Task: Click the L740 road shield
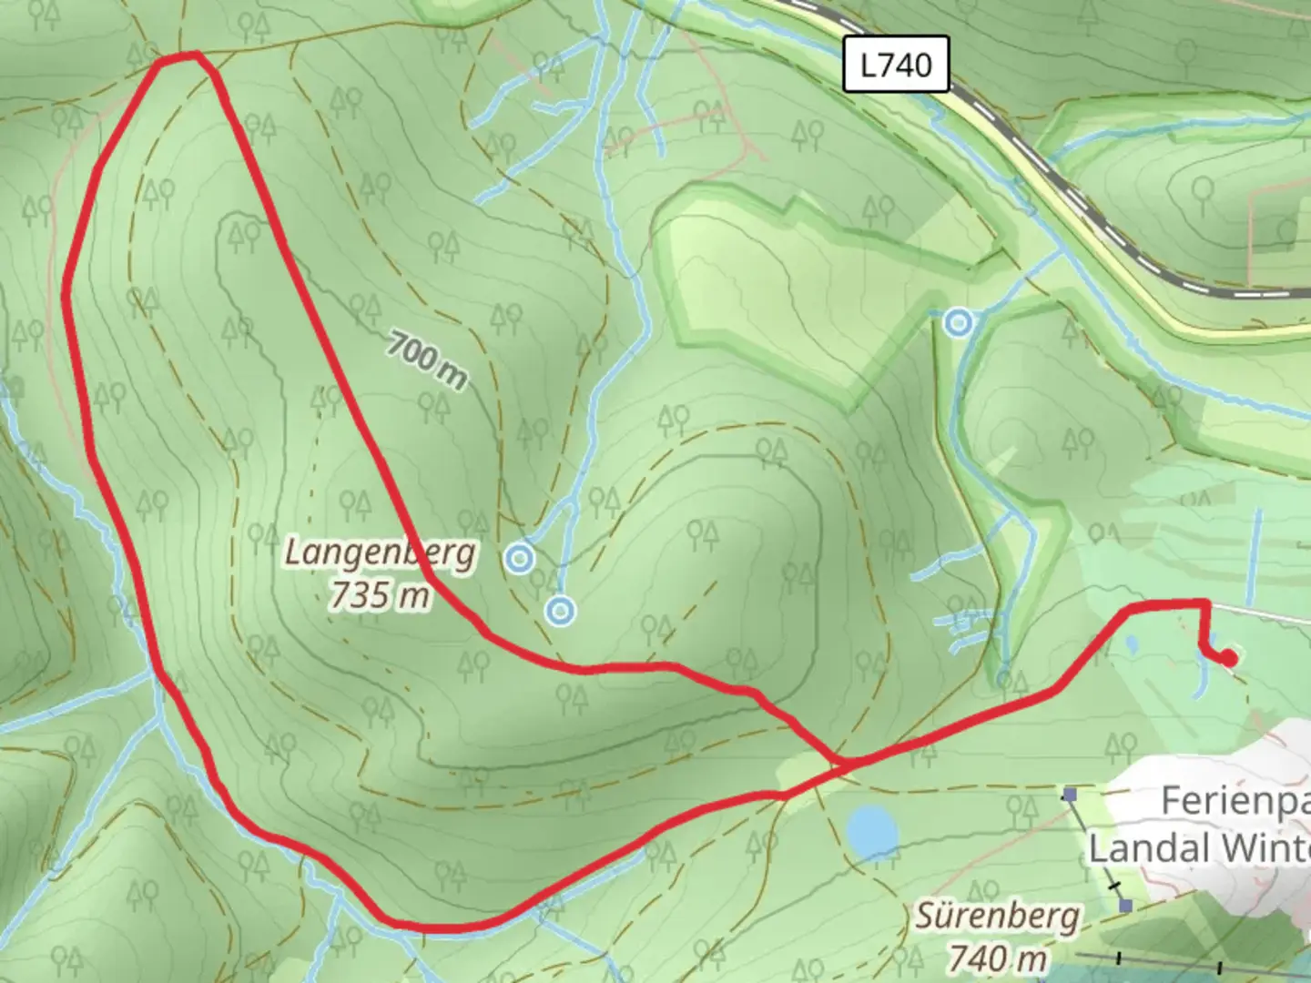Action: point(896,65)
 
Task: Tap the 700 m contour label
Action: point(426,360)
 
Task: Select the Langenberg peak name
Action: point(380,552)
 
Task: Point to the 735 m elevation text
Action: point(380,594)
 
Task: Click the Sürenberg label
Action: point(997,917)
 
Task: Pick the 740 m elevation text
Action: point(997,957)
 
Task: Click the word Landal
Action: point(1148,848)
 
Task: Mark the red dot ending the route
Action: point(1228,657)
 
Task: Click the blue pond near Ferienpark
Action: point(871,831)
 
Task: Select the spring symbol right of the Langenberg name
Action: point(519,558)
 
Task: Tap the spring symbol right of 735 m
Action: point(561,611)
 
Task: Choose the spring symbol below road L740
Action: point(957,322)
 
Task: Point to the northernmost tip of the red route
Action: point(178,57)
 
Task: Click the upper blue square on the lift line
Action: point(1070,795)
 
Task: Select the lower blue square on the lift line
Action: point(1126,906)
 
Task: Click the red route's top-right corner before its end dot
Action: point(1206,603)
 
